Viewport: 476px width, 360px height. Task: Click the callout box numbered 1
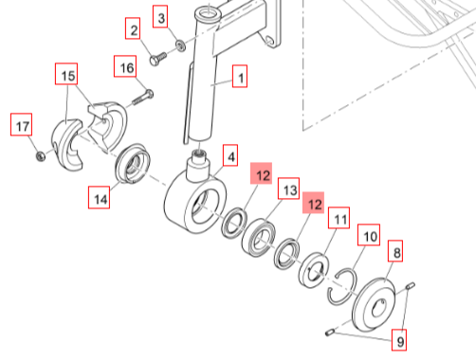240,76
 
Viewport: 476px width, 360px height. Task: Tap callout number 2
133,28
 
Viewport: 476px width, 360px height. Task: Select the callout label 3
160,16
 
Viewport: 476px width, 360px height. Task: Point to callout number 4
230,155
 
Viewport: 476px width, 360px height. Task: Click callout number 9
399,340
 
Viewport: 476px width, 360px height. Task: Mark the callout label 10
369,235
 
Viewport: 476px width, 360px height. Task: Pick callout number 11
339,218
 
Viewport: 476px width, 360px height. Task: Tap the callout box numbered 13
288,189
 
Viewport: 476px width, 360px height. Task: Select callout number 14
100,197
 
